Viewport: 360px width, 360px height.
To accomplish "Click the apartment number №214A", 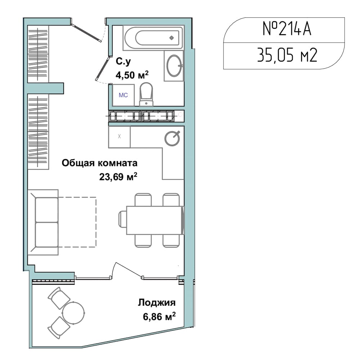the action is point(287,29).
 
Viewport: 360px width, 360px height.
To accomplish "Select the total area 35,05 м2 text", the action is point(287,55).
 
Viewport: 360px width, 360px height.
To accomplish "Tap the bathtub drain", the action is point(171,38).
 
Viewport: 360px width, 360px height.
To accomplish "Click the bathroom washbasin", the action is point(174,66).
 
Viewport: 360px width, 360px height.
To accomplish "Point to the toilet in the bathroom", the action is point(146,94).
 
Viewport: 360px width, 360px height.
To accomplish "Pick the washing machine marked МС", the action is point(123,95).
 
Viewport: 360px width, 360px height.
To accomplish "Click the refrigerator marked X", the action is point(120,136).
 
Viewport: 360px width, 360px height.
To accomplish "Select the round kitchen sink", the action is point(172,139).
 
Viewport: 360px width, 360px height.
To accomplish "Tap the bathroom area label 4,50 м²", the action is point(132,75).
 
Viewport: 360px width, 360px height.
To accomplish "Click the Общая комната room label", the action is point(100,163).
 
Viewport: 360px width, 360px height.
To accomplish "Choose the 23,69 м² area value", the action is point(118,176).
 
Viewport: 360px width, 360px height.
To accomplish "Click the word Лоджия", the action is point(157,303).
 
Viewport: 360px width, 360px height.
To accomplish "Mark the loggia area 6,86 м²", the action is point(159,316).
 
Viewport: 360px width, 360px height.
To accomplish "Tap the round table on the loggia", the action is point(73,313).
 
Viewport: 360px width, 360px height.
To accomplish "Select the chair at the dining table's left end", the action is point(123,220).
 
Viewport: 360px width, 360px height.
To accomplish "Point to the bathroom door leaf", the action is point(102,69).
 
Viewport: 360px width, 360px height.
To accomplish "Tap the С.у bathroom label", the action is point(123,62).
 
